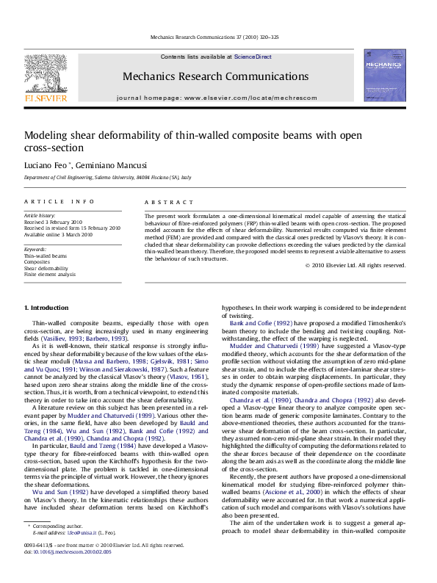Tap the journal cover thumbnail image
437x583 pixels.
click(384, 75)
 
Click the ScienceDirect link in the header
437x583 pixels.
click(253, 57)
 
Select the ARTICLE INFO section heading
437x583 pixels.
click(59, 201)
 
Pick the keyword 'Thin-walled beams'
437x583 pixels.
click(46, 256)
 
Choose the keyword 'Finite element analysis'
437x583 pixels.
click(50, 274)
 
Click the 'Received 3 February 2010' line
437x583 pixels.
click(54, 222)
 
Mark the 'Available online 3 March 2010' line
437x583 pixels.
click(59, 234)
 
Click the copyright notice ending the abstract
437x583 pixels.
click(355, 265)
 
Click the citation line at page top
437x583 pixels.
click(214, 37)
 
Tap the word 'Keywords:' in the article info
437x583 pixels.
click(35, 249)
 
